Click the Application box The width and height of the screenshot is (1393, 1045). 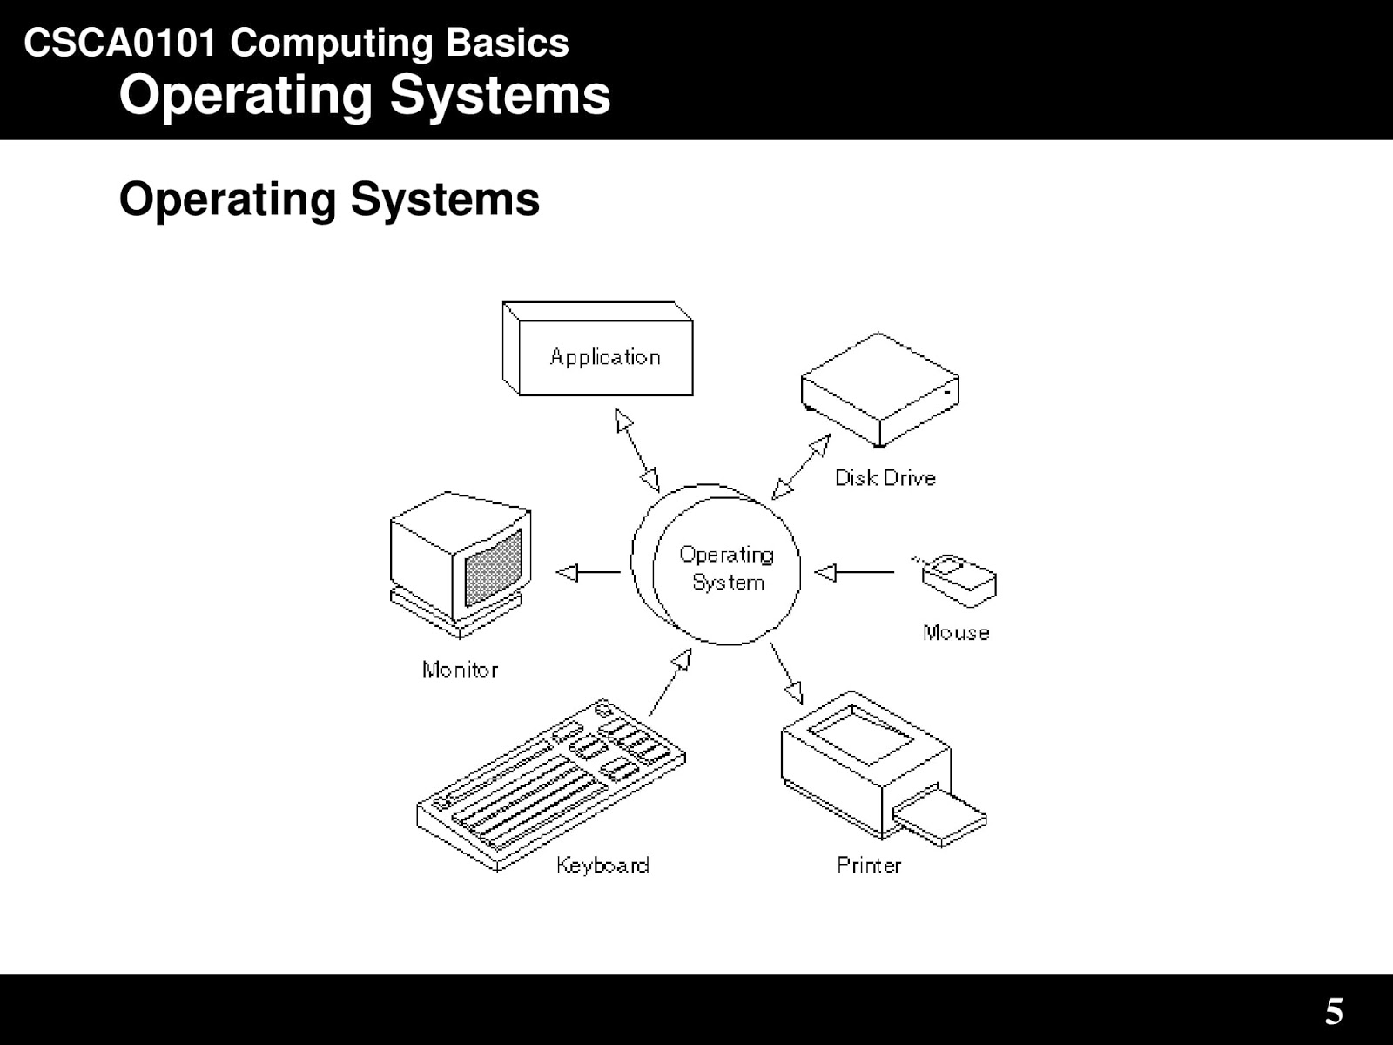coord(597,348)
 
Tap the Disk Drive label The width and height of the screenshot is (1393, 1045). coord(885,478)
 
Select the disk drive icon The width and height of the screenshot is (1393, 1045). coord(879,389)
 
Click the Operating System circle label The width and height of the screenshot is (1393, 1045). coord(727,569)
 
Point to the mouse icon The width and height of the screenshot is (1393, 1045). coord(956,581)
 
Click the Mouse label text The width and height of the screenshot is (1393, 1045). coord(956,632)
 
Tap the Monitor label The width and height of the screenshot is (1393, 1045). coord(460,670)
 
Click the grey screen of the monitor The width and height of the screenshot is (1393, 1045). coord(494,568)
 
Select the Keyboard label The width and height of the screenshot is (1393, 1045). coord(602,865)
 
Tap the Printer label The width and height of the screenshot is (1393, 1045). coord(869,865)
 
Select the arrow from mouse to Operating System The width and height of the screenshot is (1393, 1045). coord(854,572)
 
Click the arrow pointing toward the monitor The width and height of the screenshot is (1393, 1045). coord(589,572)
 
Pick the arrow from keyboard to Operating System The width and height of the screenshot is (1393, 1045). coord(670,682)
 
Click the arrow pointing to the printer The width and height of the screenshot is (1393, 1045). coord(786,673)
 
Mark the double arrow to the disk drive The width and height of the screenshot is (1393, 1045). coord(801,467)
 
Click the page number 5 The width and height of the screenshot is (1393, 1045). coord(1334,1011)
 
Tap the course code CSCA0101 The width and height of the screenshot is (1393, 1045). coord(120,44)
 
